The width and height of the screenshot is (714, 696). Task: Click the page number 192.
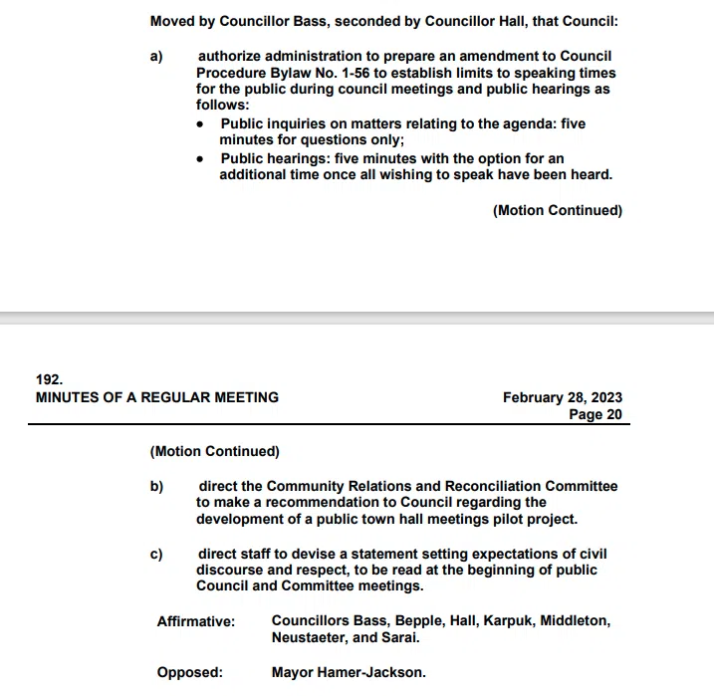(49, 379)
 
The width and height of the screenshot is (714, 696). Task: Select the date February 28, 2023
(563, 397)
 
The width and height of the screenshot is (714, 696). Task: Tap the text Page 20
(595, 414)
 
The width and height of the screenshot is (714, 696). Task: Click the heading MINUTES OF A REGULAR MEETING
(157, 397)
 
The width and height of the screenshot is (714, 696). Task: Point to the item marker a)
(156, 57)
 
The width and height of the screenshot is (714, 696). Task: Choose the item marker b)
(156, 487)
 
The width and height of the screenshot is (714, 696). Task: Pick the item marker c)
(156, 554)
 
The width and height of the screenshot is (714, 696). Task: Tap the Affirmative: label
(196, 621)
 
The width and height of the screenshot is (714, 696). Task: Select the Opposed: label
(190, 672)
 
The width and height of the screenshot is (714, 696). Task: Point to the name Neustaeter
(309, 638)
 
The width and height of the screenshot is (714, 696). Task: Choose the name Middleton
(575, 621)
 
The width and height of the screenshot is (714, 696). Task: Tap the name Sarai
(398, 638)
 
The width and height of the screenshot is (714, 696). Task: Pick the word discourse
(232, 570)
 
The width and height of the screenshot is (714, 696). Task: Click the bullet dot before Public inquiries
(201, 124)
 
